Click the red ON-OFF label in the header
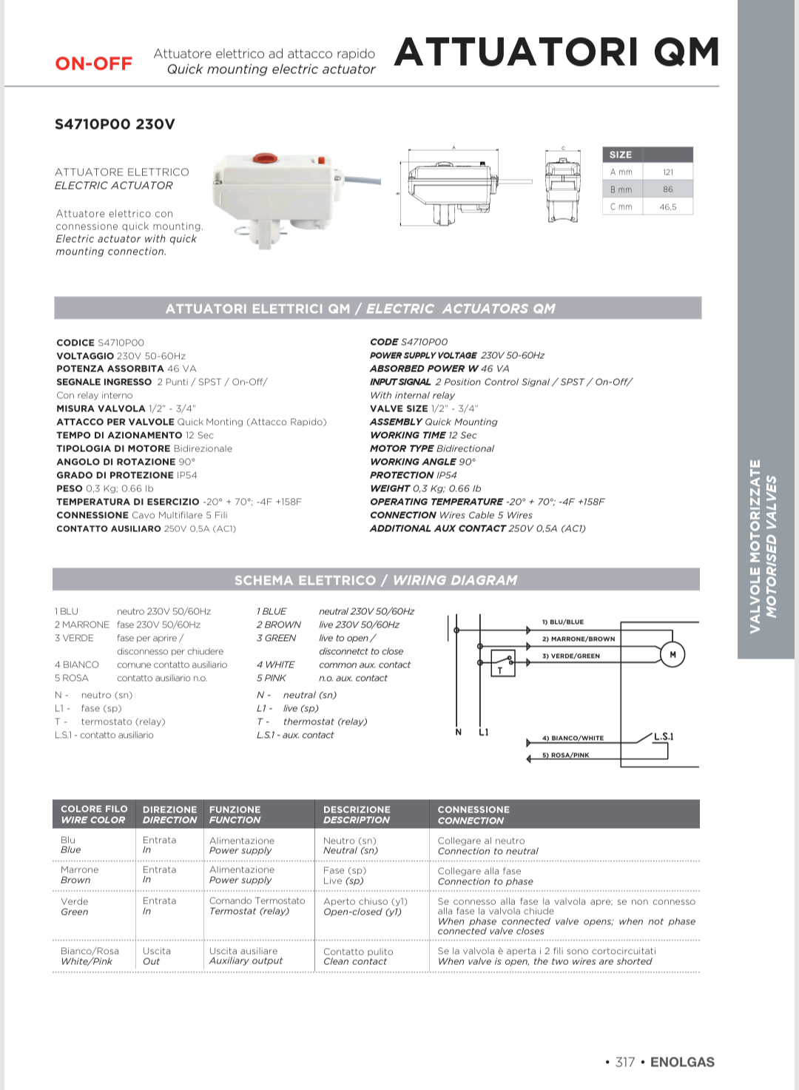pyautogui.click(x=94, y=64)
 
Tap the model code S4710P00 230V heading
pyautogui.click(x=115, y=124)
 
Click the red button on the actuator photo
pyautogui.click(x=264, y=158)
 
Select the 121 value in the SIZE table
pyautogui.click(x=668, y=172)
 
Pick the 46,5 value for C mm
pyautogui.click(x=668, y=207)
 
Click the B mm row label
pyautogui.click(x=621, y=189)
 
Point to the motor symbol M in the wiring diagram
pyautogui.click(x=672, y=654)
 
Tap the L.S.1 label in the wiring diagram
pyautogui.click(x=663, y=736)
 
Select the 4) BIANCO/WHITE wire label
pyautogui.click(x=573, y=738)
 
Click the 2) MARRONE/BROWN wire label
pyautogui.click(x=579, y=639)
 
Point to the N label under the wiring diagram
pyautogui.click(x=459, y=733)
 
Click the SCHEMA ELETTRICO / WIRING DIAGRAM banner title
pyautogui.click(x=376, y=580)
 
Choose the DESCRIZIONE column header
pyautogui.click(x=357, y=810)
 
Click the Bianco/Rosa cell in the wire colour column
pyautogui.click(x=90, y=951)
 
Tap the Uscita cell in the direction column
pyautogui.click(x=157, y=951)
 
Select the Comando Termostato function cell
pyautogui.click(x=257, y=901)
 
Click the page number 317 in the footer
pyautogui.click(x=625, y=1062)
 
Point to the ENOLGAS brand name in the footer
pyautogui.click(x=682, y=1062)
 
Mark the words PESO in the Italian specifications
pyautogui.click(x=70, y=488)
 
